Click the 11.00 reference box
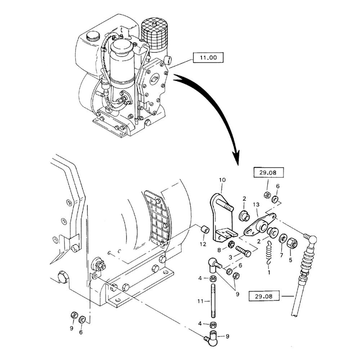tap(208, 58)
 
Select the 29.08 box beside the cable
tap(264, 297)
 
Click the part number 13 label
tap(256, 204)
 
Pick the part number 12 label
tap(203, 244)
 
